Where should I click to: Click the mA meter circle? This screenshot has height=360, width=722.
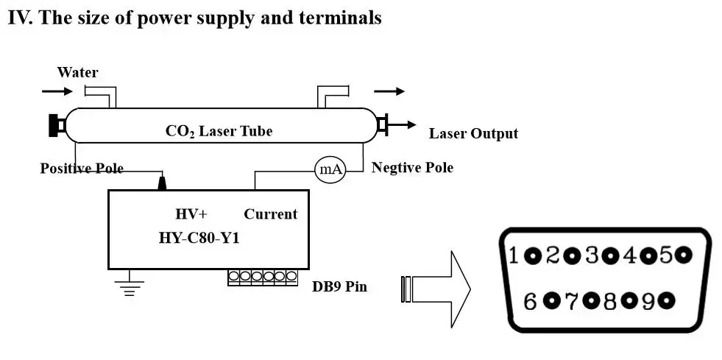click(330, 170)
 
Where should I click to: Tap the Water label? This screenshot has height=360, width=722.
click(77, 72)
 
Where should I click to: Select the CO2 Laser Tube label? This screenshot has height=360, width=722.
click(219, 131)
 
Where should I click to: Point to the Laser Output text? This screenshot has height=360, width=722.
click(473, 133)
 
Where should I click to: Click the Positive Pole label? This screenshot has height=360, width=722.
click(82, 169)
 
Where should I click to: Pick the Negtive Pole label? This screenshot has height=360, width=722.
click(412, 168)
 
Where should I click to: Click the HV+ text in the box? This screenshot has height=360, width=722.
click(191, 214)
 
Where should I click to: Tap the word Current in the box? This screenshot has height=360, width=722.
click(271, 214)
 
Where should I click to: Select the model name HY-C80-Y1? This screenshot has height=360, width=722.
click(199, 239)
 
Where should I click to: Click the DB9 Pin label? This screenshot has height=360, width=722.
click(339, 286)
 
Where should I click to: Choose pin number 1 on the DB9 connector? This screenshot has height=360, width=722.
click(514, 255)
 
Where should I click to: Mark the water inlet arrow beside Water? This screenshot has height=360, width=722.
click(57, 91)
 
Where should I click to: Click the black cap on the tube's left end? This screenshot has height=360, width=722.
click(55, 126)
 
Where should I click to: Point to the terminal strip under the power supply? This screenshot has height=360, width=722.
click(263, 277)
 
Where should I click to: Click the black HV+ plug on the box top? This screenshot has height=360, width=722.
click(162, 182)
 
